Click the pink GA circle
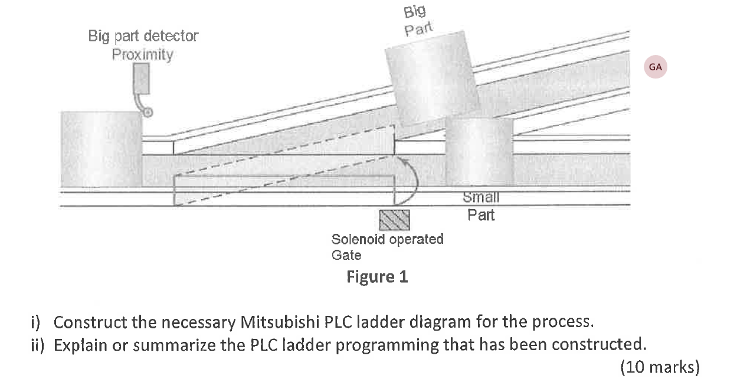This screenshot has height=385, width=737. point(655,67)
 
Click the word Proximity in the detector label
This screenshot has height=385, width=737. point(143,55)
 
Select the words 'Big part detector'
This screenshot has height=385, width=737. point(143,36)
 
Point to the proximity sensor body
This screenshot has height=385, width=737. point(142,78)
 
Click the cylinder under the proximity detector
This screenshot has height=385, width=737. point(101,149)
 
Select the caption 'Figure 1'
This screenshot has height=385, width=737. point(377,276)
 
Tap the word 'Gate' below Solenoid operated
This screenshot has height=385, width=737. point(346,255)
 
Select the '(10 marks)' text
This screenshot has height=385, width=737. point(660,367)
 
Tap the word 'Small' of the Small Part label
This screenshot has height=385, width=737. point(481,198)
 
